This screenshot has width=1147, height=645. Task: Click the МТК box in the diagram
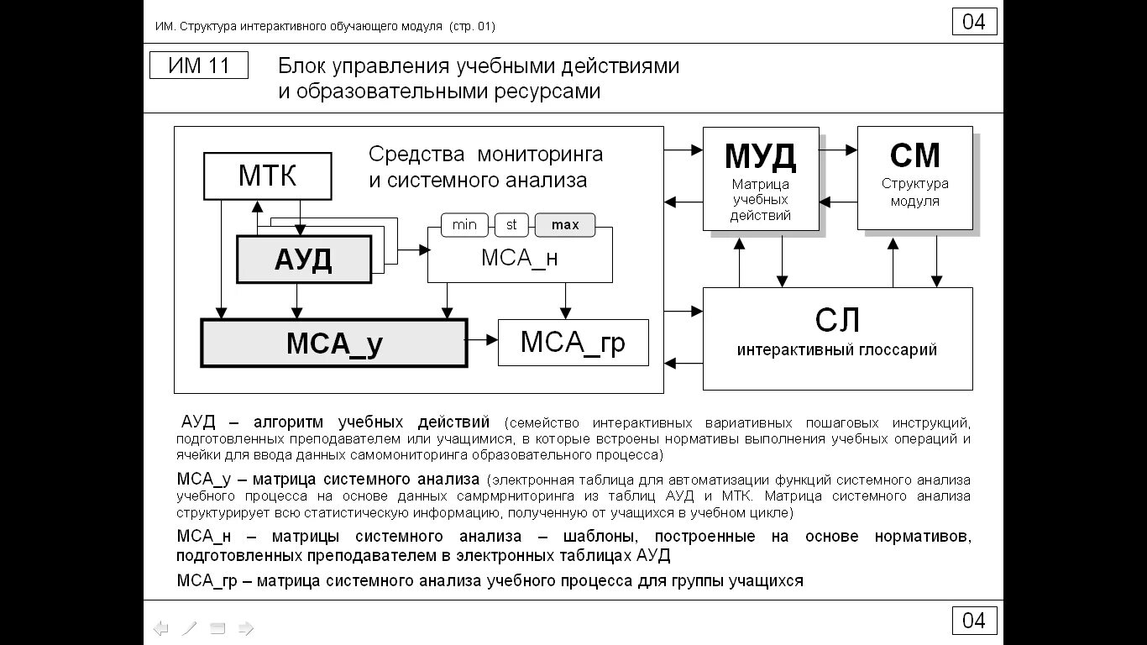[x=267, y=176]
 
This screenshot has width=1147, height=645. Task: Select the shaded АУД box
[x=303, y=260]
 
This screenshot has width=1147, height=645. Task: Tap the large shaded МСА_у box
[x=333, y=343]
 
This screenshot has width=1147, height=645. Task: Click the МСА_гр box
[x=573, y=343]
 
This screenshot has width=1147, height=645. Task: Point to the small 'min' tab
[x=464, y=225]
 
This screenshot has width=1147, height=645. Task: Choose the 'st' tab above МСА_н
[x=511, y=225]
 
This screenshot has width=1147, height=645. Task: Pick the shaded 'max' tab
[x=565, y=225]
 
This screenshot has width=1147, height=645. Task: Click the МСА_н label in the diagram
[x=519, y=259]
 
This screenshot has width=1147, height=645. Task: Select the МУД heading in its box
[x=760, y=156]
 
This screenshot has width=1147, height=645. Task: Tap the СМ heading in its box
[x=914, y=156]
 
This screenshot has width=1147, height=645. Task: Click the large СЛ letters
[x=837, y=320]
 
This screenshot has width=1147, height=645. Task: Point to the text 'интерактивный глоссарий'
[x=837, y=350]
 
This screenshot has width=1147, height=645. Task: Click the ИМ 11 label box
[x=199, y=66]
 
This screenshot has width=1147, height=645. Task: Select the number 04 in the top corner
[x=974, y=22]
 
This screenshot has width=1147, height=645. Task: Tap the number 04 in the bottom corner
[x=974, y=621]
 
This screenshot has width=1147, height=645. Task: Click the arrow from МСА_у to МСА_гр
[x=483, y=340]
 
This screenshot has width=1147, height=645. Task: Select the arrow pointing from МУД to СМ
[x=838, y=150]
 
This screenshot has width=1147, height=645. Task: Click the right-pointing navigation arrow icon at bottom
[x=246, y=628]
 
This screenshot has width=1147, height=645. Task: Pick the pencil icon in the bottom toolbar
[x=190, y=628]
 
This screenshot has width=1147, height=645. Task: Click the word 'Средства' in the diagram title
[x=416, y=155]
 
